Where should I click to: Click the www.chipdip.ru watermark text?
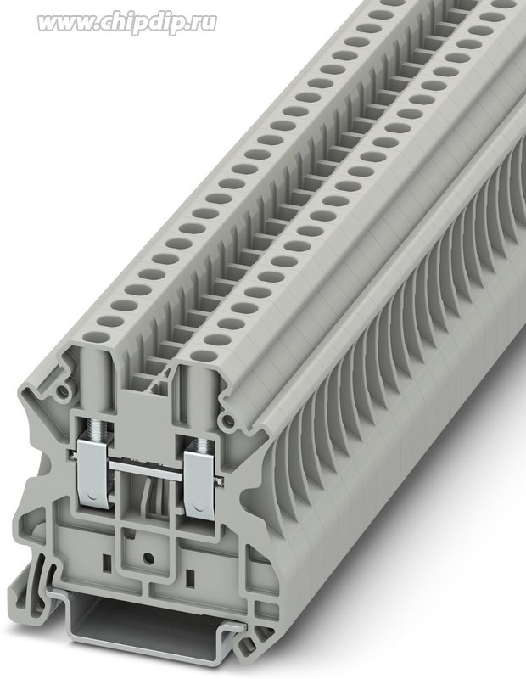(x=127, y=23)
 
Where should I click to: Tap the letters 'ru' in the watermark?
(x=204, y=23)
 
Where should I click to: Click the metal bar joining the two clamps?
(x=147, y=469)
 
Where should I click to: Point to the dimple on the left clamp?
(x=90, y=495)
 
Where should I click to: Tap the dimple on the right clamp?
(x=199, y=506)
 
